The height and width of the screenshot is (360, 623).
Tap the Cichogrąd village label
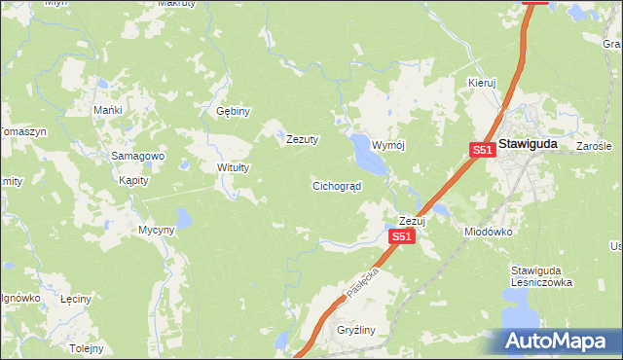pyautogui.click(x=337, y=185)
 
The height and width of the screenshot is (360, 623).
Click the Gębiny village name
pyautogui.click(x=234, y=111)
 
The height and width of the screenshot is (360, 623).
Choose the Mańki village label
pyautogui.click(x=107, y=110)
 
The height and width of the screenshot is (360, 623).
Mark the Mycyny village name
pyautogui.click(x=156, y=230)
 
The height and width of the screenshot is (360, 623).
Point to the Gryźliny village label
pyautogui.click(x=355, y=331)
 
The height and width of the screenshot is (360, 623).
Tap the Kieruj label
pyautogui.click(x=482, y=84)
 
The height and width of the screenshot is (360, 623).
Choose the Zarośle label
pyautogui.click(x=593, y=146)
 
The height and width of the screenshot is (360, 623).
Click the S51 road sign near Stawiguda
pyautogui.click(x=482, y=150)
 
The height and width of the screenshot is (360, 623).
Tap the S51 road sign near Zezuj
pyautogui.click(x=402, y=236)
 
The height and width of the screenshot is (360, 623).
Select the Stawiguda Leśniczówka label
pyautogui.click(x=541, y=276)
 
